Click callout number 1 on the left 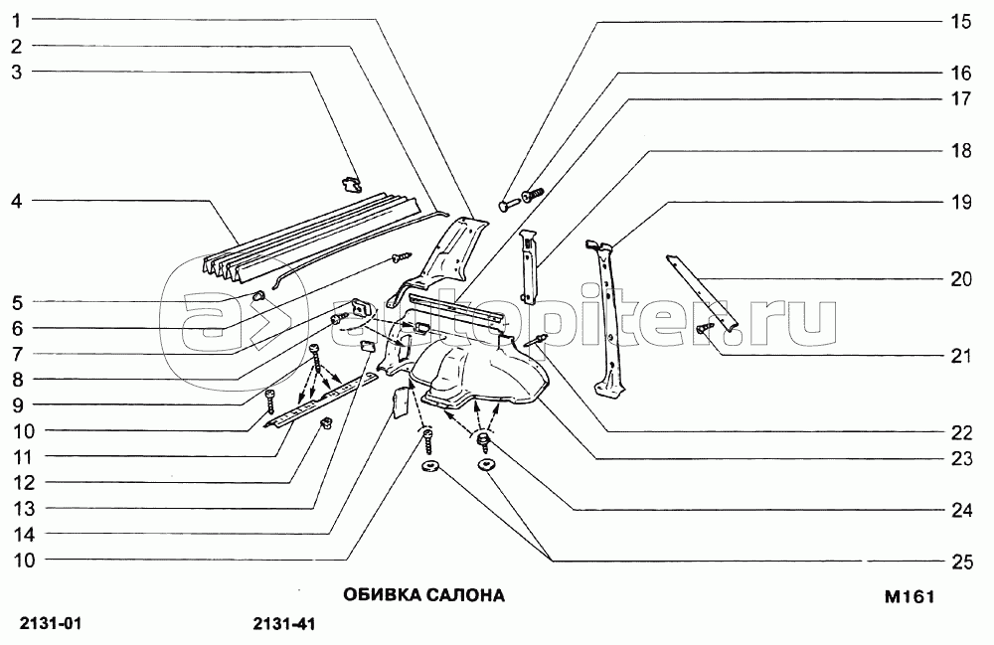(x=18, y=20)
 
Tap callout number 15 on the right (x=960, y=21)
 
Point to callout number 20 (x=960, y=279)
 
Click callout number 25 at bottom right (x=960, y=562)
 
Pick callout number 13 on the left (x=24, y=508)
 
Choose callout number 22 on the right (x=960, y=432)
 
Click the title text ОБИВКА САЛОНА (x=424, y=596)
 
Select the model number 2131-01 (x=51, y=625)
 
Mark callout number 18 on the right (x=960, y=150)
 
